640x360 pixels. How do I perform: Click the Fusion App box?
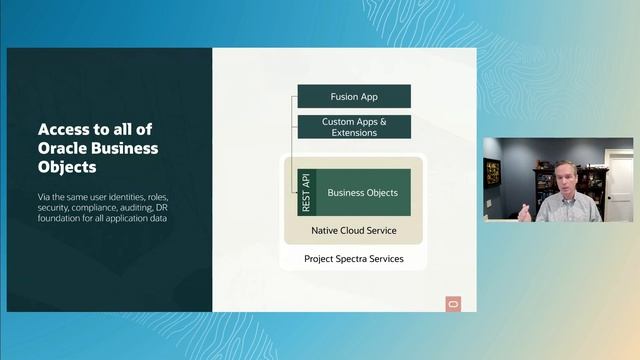point(353,96)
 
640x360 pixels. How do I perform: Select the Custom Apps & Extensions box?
point(353,127)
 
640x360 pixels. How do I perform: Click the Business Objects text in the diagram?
point(363,192)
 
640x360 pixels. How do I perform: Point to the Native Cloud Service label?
point(353,230)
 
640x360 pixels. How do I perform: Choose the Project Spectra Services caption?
point(353,259)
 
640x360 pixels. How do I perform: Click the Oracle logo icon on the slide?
point(452,304)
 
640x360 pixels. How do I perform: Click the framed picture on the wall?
point(493,172)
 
